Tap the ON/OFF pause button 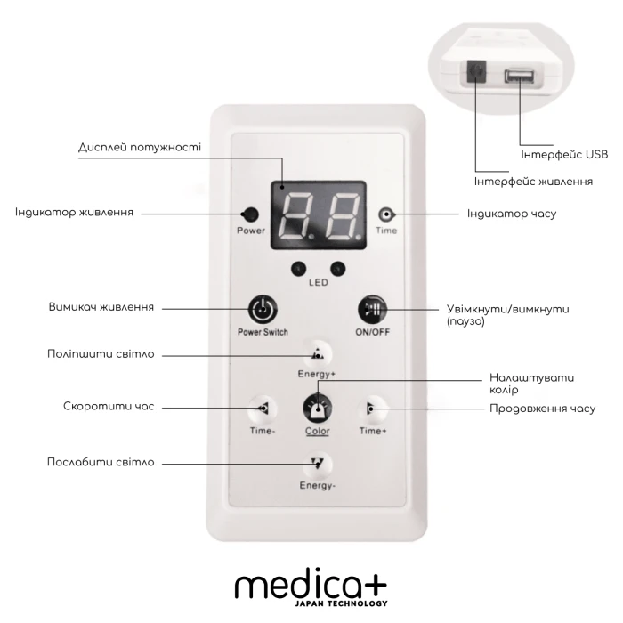pos(371,311)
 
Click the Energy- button pos(318,463)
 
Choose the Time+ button pos(371,409)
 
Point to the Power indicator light pos(251,214)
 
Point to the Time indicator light pos(386,214)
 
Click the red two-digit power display pos(318,214)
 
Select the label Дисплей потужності pos(141,147)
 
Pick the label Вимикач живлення pos(101,307)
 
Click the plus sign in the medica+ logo pos(375,585)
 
